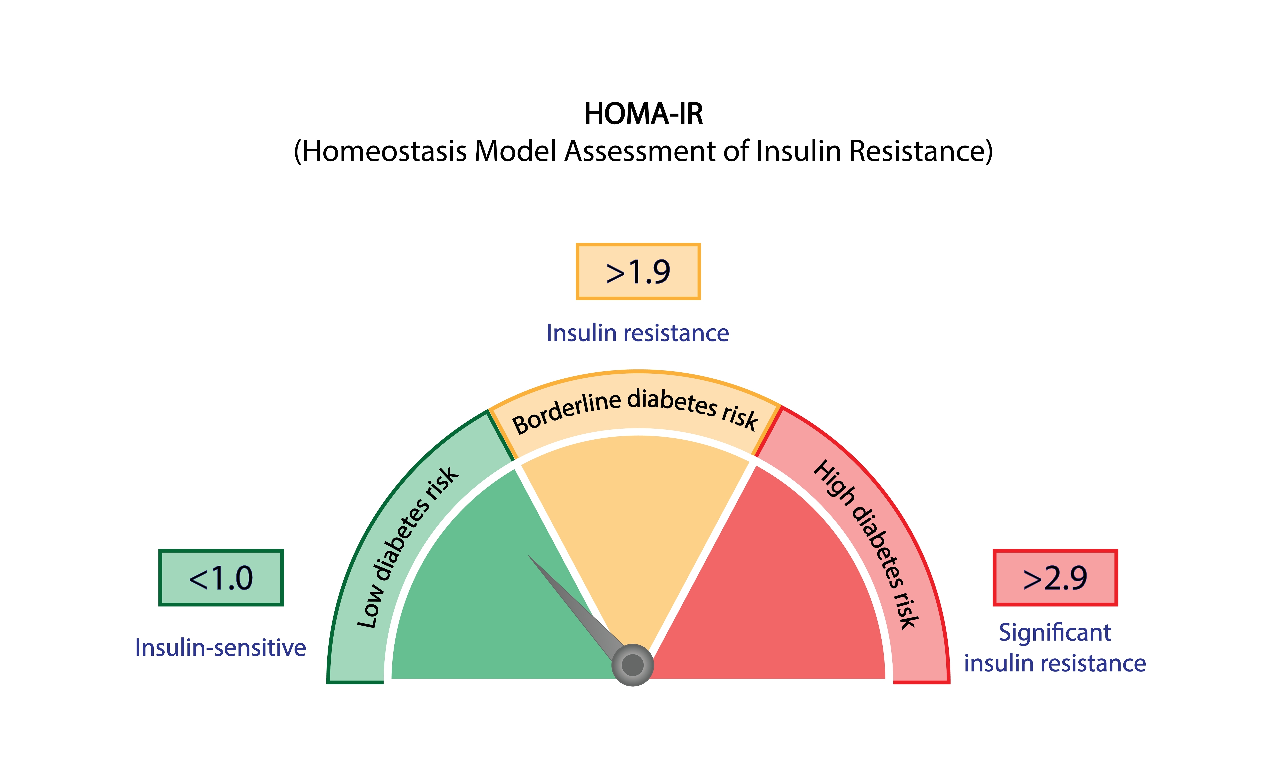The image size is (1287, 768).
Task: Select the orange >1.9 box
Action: coord(638,272)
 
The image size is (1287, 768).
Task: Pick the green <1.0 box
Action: coord(221,577)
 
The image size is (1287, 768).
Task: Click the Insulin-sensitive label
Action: coord(220,647)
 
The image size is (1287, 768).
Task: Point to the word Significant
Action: coord(1055,632)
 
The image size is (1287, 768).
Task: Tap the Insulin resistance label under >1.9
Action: coord(637,333)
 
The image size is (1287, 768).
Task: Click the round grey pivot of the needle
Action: coord(632,665)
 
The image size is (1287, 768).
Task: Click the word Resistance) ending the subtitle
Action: coord(921,152)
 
